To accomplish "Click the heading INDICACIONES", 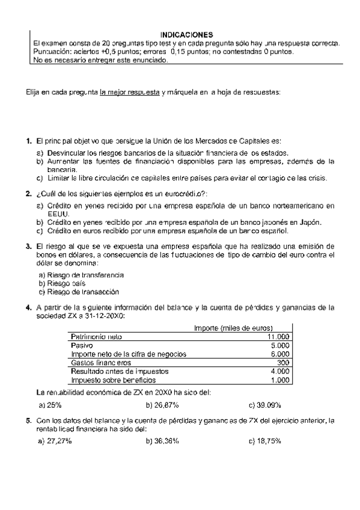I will (186, 35).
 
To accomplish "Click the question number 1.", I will (28, 141).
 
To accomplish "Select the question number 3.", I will (28, 247).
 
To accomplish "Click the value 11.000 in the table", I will (279, 337).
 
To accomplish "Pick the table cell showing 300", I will (283, 363).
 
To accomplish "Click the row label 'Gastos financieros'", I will (101, 363).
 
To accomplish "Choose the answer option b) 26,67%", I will (162, 404).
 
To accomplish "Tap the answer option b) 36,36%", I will (162, 441).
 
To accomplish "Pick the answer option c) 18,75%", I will (265, 441).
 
